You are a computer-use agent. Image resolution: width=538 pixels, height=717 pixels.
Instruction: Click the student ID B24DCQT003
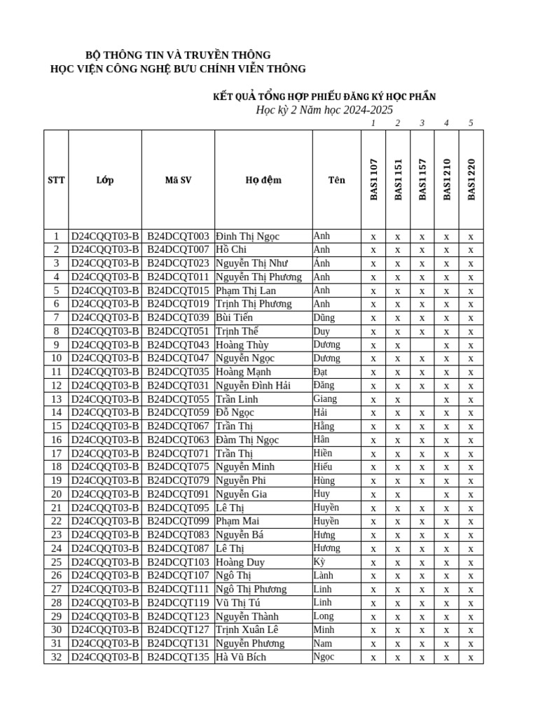pos(178,236)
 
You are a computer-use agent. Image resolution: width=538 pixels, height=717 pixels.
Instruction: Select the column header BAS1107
pos(373,180)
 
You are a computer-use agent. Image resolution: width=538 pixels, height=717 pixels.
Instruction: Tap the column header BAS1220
pos(471,180)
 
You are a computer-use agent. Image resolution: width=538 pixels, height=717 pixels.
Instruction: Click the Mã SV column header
pos(178,180)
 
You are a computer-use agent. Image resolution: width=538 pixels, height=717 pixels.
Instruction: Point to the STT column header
pos(56,180)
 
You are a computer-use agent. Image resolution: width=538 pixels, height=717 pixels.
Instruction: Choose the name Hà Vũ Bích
pos(241,657)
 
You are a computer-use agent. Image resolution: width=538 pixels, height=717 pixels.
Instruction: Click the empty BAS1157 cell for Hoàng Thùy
pos(422,344)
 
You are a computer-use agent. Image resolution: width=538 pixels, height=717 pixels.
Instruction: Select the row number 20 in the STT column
pos(56,494)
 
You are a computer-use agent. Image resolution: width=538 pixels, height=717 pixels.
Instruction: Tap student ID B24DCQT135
pos(178,657)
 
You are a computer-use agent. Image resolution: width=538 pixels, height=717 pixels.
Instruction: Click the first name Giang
pos(325,398)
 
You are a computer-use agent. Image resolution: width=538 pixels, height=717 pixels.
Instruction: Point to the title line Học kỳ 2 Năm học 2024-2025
pos(324,110)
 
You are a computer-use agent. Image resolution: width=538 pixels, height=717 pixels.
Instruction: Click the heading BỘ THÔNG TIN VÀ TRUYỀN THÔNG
pos(178,55)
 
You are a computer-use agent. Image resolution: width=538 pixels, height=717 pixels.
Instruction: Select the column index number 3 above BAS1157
pos(422,123)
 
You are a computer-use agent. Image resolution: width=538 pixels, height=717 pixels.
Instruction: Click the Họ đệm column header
pos(263,180)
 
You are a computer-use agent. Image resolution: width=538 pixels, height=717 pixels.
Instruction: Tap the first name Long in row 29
pos(324,615)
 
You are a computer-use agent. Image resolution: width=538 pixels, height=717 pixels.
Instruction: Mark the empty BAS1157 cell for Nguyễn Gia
pos(422,494)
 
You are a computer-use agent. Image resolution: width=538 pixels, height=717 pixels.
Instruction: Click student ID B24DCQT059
pos(178,412)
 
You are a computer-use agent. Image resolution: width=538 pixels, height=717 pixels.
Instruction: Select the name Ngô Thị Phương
pos(251,589)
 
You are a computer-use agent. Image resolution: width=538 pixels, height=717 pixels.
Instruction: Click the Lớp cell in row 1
pos(105,236)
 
